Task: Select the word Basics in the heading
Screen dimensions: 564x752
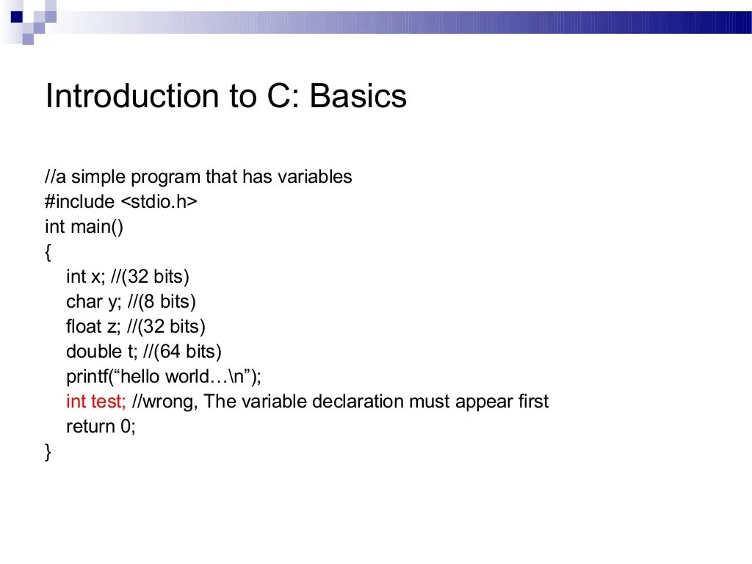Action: (x=358, y=96)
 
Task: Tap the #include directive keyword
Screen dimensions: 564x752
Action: (x=79, y=202)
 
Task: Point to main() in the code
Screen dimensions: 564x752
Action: (x=97, y=227)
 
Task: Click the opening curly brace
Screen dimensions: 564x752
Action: (x=48, y=253)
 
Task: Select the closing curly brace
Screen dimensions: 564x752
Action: (x=48, y=452)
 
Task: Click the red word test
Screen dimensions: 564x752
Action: (x=108, y=402)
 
